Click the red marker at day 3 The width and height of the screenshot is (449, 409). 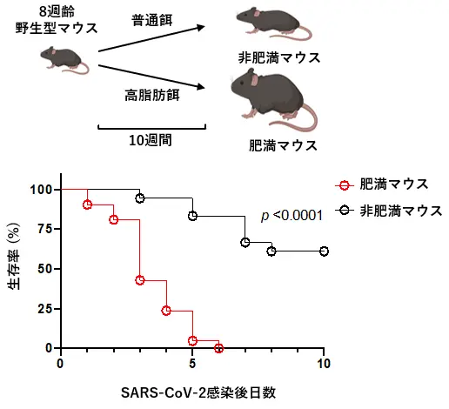tap(140, 280)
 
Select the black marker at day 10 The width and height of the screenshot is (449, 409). tap(324, 251)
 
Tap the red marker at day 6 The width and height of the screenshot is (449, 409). tap(219, 348)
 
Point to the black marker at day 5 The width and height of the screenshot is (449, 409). tap(192, 216)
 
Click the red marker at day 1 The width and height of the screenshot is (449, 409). tap(87, 204)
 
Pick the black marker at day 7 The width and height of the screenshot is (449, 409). tap(245, 242)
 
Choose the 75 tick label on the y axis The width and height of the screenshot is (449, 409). tap(45, 229)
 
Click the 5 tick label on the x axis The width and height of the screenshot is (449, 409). tap(192, 364)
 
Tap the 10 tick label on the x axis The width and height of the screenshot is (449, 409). tap(324, 364)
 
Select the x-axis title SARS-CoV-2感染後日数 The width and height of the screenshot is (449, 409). tap(198, 393)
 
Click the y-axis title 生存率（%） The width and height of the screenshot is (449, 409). tap(14, 257)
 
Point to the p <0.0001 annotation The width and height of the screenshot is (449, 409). tap(292, 216)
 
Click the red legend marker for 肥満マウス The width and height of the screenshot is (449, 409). tap(345, 185)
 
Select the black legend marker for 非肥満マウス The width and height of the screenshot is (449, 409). tap(345, 210)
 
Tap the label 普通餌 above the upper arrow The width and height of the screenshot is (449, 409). tap(152, 20)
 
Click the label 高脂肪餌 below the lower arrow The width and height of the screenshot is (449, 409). tap(152, 95)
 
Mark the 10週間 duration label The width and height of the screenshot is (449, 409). tap(151, 140)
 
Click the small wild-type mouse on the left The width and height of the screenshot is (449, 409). tap(64, 60)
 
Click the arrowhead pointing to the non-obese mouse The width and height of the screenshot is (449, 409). tap(201, 28)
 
